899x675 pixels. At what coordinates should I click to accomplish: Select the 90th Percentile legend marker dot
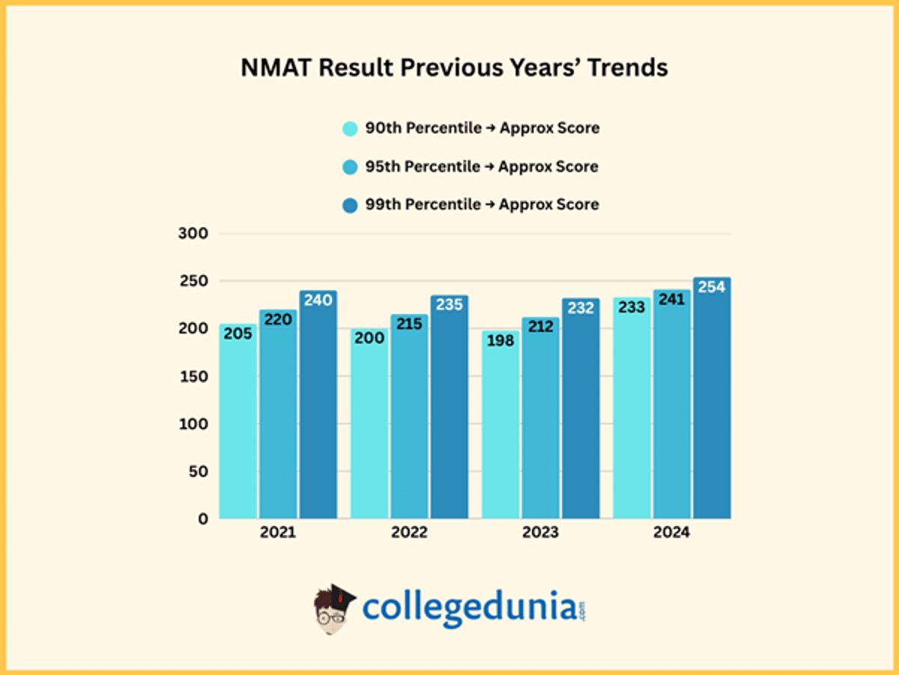(x=350, y=129)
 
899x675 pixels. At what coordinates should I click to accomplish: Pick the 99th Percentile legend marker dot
(x=350, y=205)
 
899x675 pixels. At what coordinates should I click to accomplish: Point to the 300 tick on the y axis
(x=192, y=234)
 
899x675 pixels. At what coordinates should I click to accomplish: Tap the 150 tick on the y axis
(x=192, y=376)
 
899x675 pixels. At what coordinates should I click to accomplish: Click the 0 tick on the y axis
(x=202, y=518)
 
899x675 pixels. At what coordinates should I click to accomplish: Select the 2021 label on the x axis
(x=277, y=533)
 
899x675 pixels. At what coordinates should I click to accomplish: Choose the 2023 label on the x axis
(x=540, y=533)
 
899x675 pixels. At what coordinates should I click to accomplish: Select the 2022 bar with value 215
(x=409, y=420)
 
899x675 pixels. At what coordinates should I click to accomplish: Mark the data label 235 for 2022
(x=449, y=305)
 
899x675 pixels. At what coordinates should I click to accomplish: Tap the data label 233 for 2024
(x=632, y=307)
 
